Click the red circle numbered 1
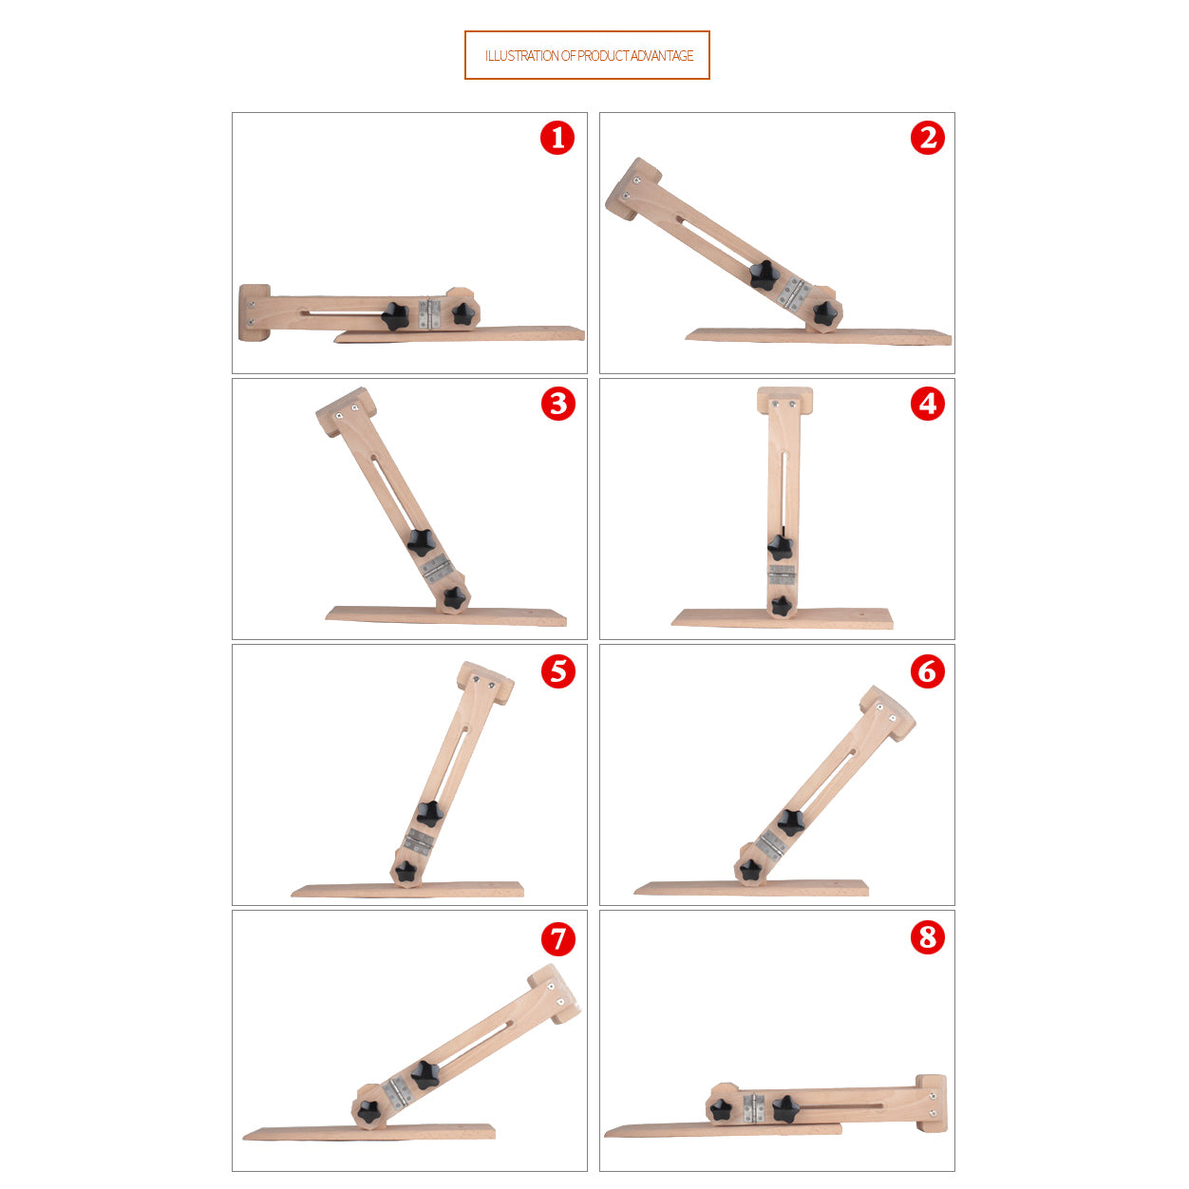click(557, 138)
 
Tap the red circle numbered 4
click(928, 405)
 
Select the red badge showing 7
click(557, 939)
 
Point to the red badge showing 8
click(928, 937)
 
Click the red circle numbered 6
click(928, 671)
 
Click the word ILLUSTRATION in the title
click(521, 56)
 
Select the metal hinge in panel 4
click(782, 575)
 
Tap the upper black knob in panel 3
click(422, 542)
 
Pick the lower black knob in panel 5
click(406, 871)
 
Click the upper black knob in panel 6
click(790, 822)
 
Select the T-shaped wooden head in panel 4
click(784, 401)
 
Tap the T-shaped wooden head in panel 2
click(633, 189)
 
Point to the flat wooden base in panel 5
click(407, 889)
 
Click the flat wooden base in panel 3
click(446, 615)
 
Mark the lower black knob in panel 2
click(825, 314)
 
